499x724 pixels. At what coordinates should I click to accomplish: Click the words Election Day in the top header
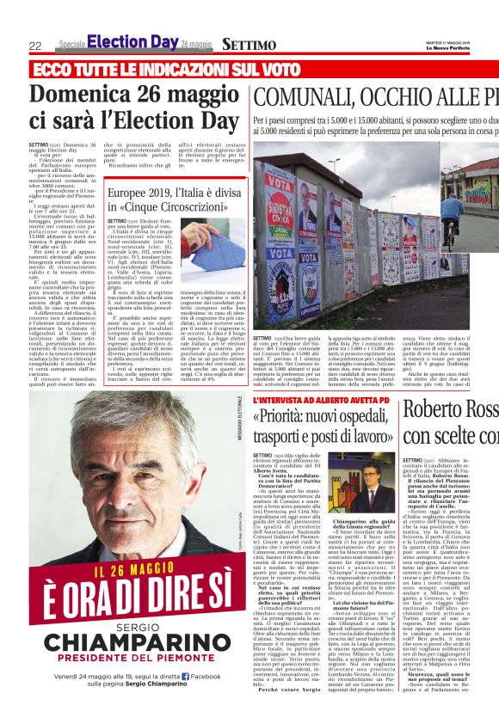[132, 42]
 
